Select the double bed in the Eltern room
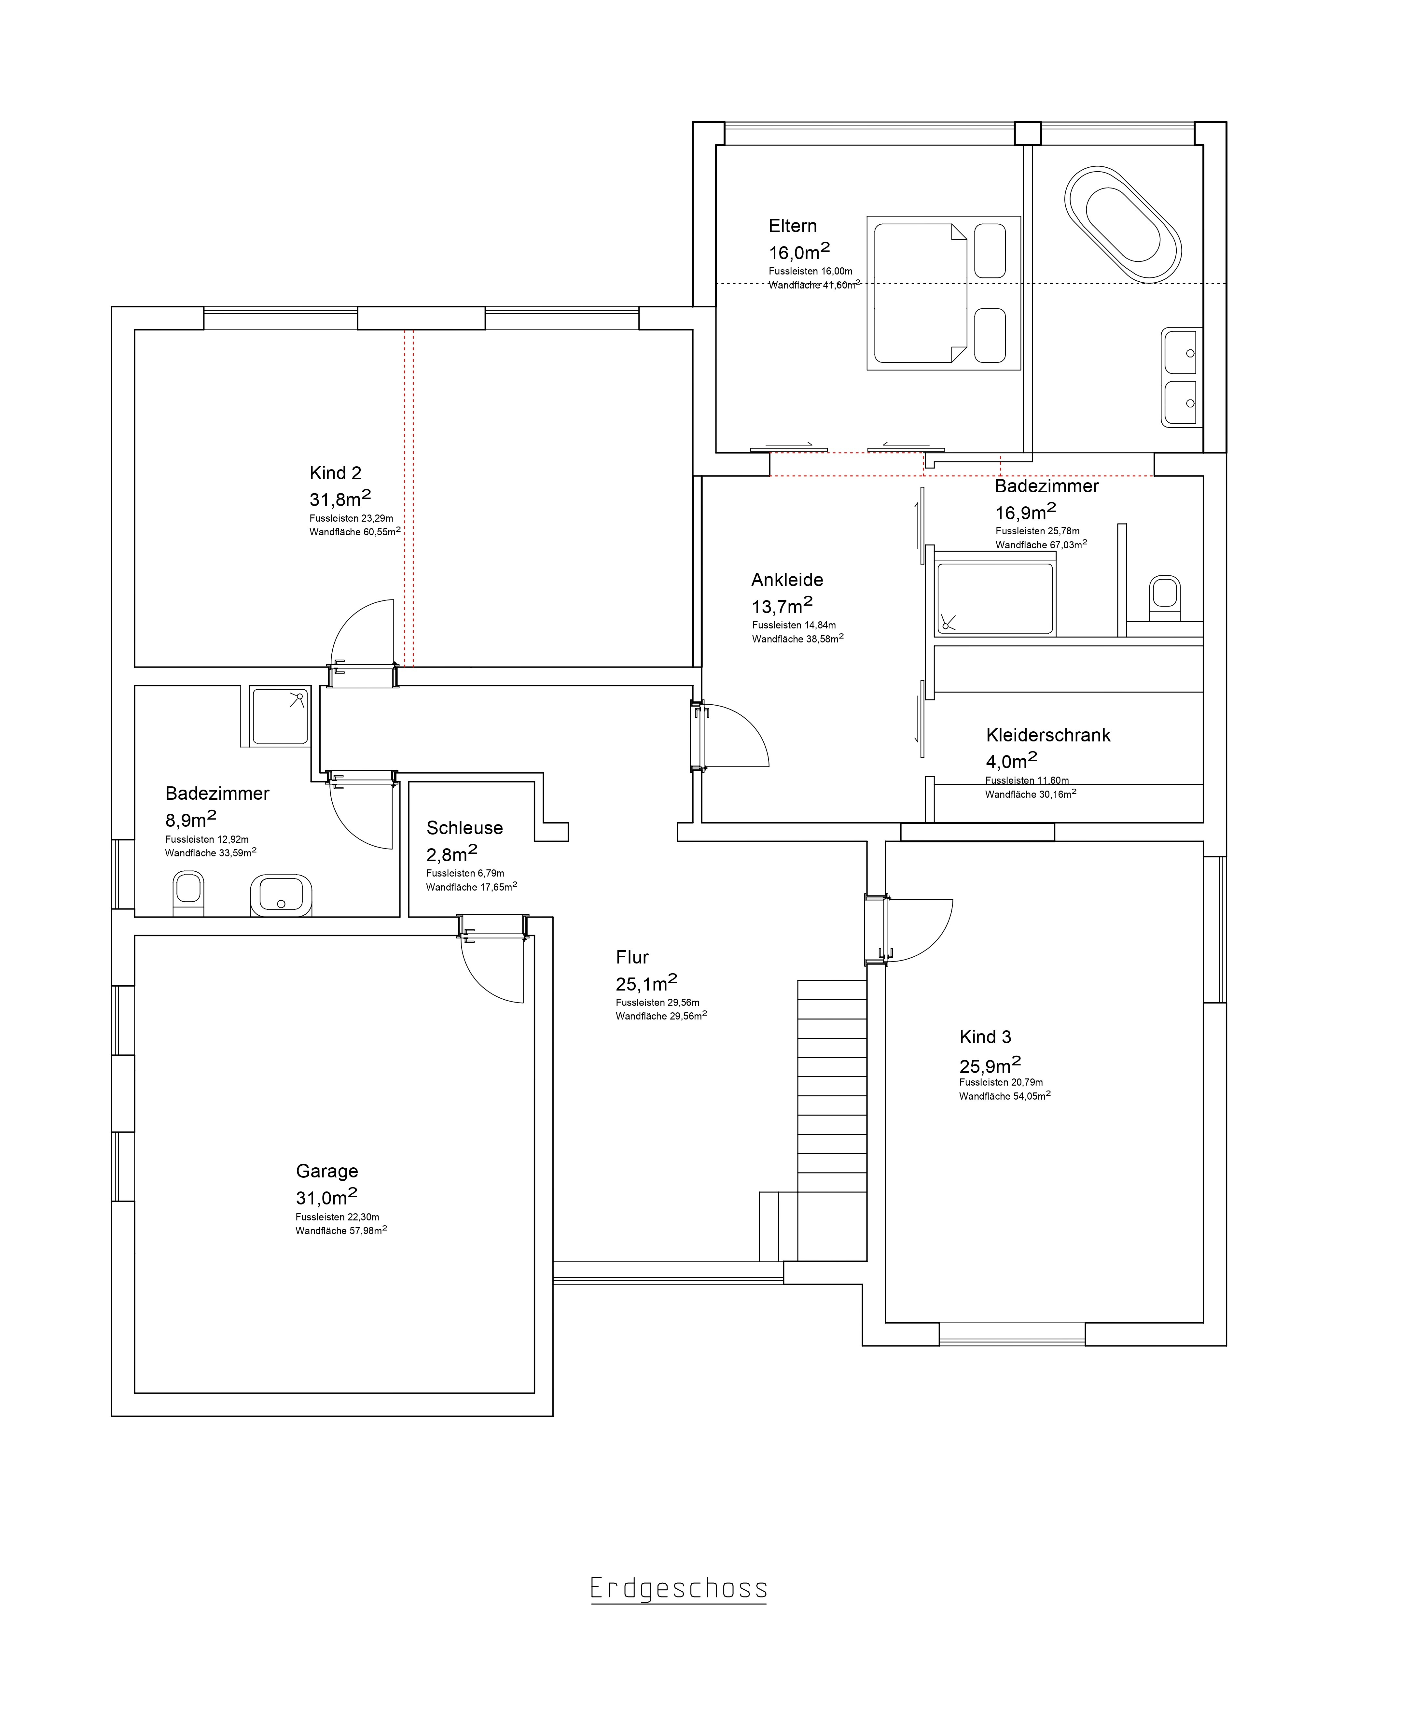(943, 293)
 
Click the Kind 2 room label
(335, 473)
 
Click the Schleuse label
(465, 828)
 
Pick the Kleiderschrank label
(1048, 735)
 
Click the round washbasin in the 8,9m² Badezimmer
(281, 895)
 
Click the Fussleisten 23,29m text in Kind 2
(351, 519)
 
